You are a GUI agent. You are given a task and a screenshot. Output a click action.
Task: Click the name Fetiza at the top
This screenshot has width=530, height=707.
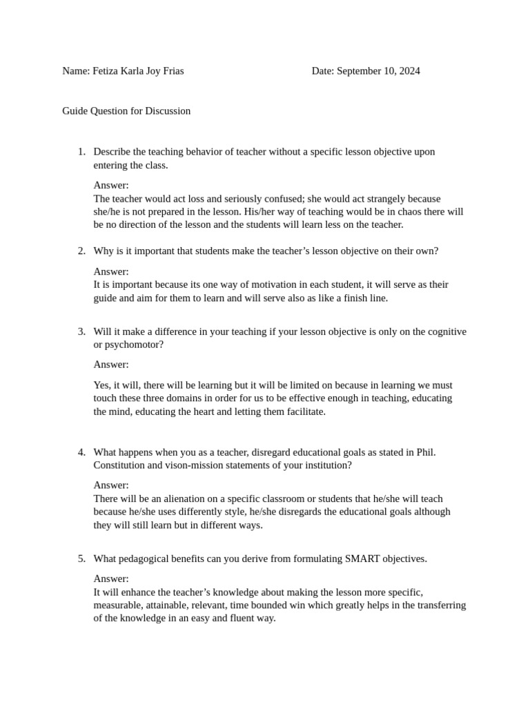pos(106,71)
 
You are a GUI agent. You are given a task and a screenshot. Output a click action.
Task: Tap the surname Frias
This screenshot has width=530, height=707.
pos(171,71)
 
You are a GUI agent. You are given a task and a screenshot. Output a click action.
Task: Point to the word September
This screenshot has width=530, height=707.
pos(359,71)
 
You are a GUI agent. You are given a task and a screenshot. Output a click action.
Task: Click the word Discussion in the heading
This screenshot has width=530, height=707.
pos(168,110)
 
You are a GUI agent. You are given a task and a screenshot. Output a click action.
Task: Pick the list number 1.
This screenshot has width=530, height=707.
pos(81,152)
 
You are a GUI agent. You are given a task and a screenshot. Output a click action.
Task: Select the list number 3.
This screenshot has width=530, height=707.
pos(81,331)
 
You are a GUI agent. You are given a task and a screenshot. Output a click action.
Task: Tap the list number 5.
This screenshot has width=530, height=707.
pos(81,559)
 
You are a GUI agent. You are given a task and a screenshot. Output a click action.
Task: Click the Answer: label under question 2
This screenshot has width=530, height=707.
pos(111,271)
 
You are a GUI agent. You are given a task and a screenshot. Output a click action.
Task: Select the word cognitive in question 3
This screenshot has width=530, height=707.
pos(445,331)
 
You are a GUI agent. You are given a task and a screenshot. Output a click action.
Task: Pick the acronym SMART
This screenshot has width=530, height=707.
pos(362,559)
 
